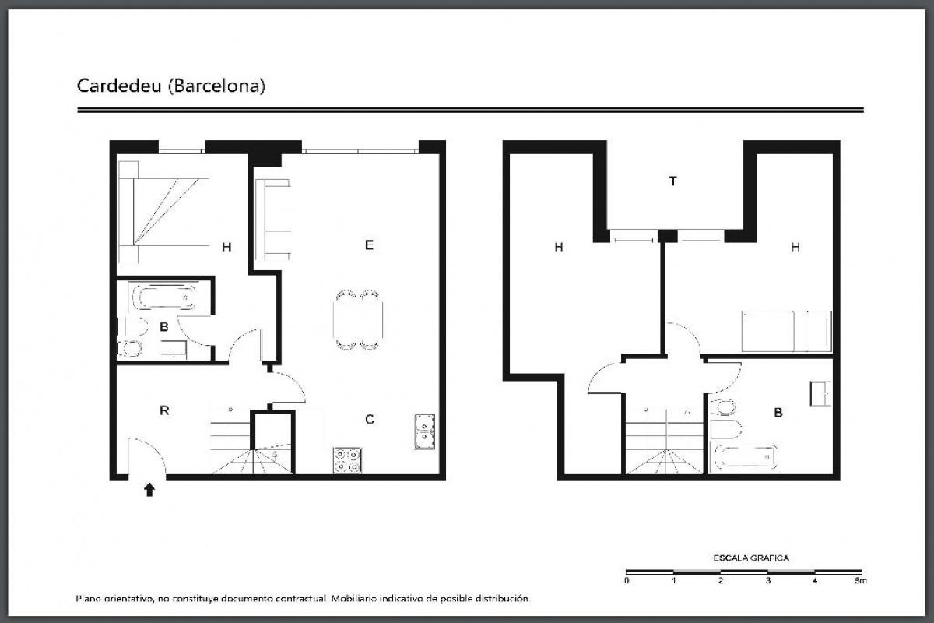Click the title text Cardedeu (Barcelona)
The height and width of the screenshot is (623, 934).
[x=171, y=86]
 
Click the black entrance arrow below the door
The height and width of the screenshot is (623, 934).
[x=149, y=490]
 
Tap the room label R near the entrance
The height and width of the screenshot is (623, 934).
[x=164, y=410]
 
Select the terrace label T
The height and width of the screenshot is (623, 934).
[x=672, y=181]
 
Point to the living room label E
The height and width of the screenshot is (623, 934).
[x=369, y=245]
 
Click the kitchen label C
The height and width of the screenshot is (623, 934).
[x=370, y=419]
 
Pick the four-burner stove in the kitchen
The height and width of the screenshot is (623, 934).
[x=347, y=460]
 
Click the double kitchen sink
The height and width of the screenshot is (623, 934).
[x=424, y=431]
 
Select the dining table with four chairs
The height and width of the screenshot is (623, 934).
[x=358, y=319]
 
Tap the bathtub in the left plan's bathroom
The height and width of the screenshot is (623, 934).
[x=164, y=297]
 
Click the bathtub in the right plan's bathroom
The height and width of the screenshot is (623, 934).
[x=746, y=457]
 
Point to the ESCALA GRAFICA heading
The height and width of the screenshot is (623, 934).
[x=751, y=558]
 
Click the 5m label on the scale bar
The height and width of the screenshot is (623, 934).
[x=861, y=580]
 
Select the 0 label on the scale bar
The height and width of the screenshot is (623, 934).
[x=627, y=580]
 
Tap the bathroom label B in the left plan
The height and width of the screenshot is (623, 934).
[x=164, y=327]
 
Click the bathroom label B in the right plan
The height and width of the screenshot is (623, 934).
[x=778, y=413]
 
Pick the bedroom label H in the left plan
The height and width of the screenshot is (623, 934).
[x=226, y=247]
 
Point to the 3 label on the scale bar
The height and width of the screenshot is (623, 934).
[x=767, y=580]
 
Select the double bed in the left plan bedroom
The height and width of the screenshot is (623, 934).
[x=163, y=212]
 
